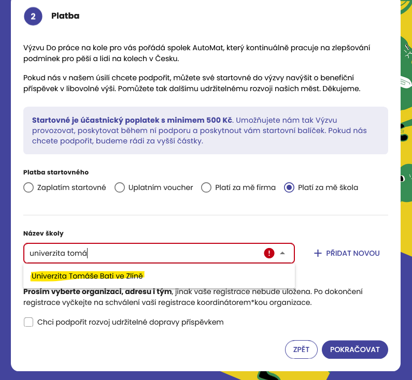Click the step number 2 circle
click(x=33, y=16)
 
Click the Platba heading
click(x=65, y=16)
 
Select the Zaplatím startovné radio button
click(x=29, y=187)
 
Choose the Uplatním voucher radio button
click(x=120, y=187)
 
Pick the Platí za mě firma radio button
click(x=206, y=187)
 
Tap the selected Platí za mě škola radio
click(x=289, y=187)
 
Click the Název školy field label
click(x=44, y=233)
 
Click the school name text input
click(x=140, y=253)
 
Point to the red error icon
click(x=269, y=253)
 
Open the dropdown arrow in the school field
click(x=282, y=253)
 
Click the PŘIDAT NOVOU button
click(x=347, y=253)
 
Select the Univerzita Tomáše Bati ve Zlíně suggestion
click(x=87, y=276)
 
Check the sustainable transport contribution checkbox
click(x=29, y=322)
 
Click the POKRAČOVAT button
click(x=355, y=349)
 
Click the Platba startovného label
click(x=56, y=172)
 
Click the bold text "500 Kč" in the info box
click(x=219, y=119)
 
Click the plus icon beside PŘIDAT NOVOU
click(x=318, y=253)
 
